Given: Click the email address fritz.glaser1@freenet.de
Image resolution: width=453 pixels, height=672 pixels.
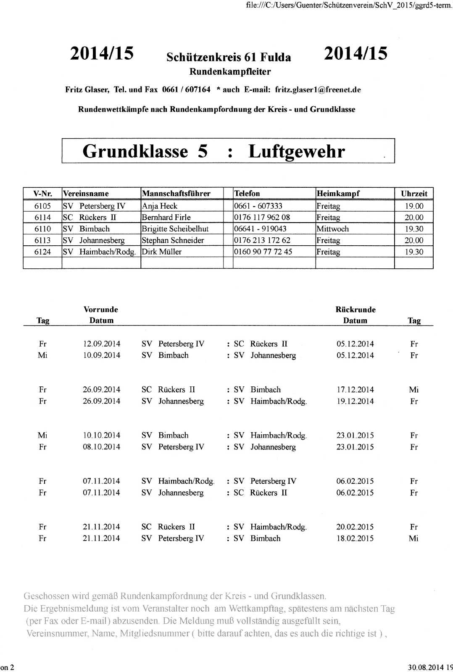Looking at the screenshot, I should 318,89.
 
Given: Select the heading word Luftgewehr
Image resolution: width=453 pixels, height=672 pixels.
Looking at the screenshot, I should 297,151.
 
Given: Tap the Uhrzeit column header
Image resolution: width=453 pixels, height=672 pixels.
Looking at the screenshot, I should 413,194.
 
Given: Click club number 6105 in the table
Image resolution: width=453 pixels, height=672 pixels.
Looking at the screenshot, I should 42,206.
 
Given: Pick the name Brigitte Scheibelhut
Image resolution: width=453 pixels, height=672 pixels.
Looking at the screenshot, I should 175,229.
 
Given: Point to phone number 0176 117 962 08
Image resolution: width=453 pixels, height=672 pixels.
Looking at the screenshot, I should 262,217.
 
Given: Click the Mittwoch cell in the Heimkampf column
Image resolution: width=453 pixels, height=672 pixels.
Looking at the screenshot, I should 332,229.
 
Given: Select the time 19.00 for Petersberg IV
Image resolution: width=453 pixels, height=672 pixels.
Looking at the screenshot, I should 413,206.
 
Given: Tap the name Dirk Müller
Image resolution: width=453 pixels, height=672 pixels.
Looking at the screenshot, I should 161,252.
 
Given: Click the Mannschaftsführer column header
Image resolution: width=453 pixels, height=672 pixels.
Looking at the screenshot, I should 176,194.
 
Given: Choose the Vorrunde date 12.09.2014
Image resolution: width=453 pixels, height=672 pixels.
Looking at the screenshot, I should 101,344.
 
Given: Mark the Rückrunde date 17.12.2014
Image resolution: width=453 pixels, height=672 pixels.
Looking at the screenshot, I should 355,389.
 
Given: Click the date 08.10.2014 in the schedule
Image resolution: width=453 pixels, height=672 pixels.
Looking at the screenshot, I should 101,446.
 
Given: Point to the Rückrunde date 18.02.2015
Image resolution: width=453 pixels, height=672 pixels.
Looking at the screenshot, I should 355,538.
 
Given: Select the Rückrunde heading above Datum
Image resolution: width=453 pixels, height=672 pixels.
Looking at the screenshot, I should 355,310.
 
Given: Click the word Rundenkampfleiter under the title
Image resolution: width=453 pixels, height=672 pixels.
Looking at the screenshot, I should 230,71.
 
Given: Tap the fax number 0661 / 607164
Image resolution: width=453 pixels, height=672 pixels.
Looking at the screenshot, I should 186,89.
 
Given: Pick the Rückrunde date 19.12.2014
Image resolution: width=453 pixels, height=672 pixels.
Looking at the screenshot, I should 355,401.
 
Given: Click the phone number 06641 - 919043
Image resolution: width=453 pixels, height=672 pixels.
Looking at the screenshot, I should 260,229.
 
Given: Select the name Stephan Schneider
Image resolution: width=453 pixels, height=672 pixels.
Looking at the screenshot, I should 173,240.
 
